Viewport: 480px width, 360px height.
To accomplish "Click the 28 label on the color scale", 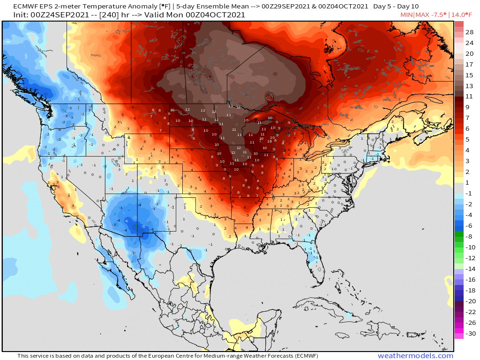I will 469,32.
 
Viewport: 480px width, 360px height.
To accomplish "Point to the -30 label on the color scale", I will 469,334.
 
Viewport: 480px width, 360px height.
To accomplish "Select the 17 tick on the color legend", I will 469,65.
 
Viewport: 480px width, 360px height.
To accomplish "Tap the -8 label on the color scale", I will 469,237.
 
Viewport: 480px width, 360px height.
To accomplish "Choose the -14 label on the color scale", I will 469,269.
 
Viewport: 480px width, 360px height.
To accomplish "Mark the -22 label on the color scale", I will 469,312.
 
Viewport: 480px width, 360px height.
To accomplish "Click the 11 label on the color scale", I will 469,97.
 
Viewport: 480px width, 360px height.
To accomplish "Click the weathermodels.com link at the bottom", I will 415,356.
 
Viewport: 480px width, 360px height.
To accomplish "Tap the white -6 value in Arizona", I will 127,221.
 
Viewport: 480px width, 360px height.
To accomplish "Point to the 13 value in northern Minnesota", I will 230,106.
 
